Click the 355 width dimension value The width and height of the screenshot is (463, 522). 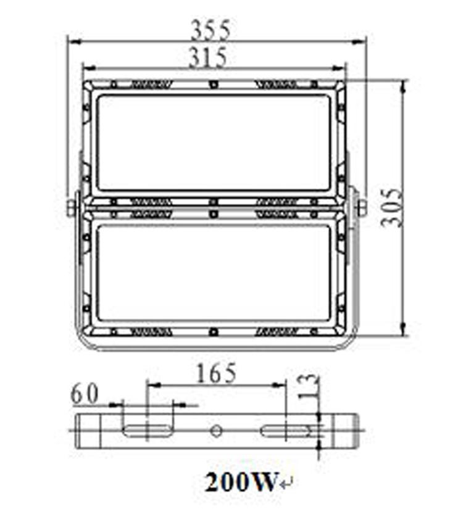click(210, 30)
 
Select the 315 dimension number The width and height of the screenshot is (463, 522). click(208, 57)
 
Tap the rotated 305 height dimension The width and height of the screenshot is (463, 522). click(391, 208)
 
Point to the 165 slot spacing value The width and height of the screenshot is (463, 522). click(216, 373)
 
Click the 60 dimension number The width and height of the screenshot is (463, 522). click(85, 394)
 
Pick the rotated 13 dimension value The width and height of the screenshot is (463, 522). click(306, 386)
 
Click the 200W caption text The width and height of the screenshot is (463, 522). click(241, 482)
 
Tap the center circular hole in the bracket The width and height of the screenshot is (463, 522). click(216, 431)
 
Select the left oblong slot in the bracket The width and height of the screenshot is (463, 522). click(147, 431)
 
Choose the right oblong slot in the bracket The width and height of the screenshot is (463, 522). click(285, 431)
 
